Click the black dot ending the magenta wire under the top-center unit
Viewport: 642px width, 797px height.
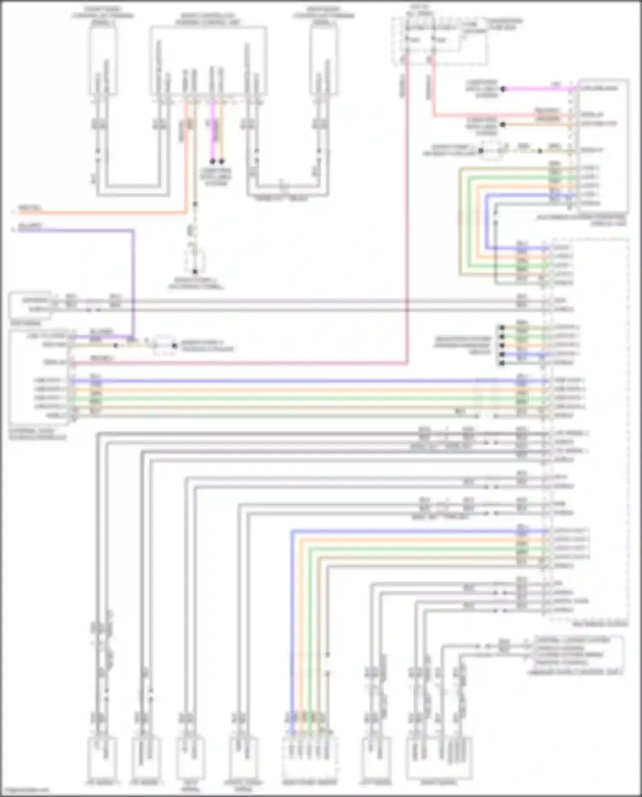tap(212, 161)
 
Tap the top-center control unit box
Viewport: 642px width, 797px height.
tap(208, 60)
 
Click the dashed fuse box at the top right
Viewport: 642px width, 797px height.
tap(440, 41)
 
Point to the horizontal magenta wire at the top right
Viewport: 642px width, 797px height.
tap(539, 89)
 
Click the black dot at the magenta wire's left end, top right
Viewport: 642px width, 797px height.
tap(503, 89)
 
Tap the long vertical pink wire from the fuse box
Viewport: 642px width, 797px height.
tap(406, 214)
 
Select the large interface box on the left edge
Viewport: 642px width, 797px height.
tap(39, 377)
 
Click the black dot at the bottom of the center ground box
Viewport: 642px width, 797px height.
tap(195, 272)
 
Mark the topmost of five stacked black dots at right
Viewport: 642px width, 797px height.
tap(502, 328)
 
